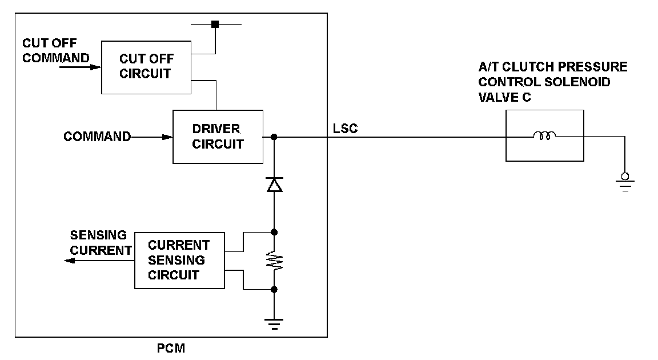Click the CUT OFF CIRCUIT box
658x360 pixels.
coord(146,67)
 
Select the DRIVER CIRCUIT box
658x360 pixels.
coord(218,137)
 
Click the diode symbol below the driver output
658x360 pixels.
coord(274,184)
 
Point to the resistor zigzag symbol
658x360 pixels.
coord(274,261)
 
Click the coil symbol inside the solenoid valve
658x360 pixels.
coord(544,137)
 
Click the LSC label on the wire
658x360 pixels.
coord(346,129)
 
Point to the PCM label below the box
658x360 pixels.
coord(171,348)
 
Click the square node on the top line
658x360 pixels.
coord(215,24)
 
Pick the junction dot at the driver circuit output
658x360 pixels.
coord(274,137)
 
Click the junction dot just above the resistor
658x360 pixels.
coord(274,232)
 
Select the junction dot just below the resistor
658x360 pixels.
coord(274,290)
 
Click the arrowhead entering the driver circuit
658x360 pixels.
coord(167,137)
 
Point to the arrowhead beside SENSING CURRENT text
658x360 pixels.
coord(70,261)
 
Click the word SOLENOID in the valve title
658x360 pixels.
coord(578,82)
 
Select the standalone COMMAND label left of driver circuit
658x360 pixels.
coord(97,137)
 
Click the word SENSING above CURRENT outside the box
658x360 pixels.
coord(98,235)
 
